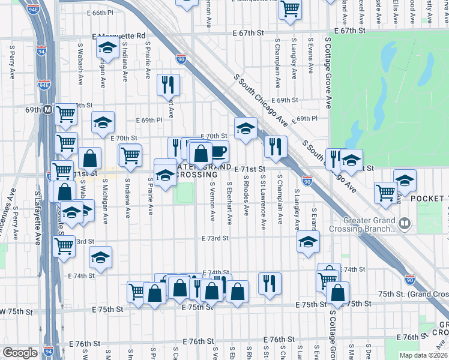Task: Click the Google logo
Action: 19,353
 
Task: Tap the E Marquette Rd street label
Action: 119,37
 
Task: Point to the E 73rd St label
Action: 215,238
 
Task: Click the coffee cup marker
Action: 218,151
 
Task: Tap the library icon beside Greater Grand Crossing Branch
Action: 405,224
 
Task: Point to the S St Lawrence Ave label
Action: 263,201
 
